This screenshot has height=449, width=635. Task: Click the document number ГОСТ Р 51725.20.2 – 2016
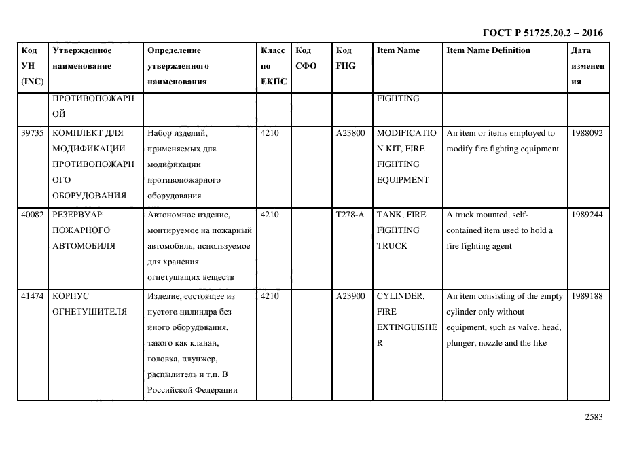[542, 33]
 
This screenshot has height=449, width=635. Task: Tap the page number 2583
[593, 418]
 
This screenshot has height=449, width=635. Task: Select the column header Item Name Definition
[488, 50]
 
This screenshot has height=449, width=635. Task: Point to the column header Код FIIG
[345, 58]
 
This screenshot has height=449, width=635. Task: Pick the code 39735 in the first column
[33, 133]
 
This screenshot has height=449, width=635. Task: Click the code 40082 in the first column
[33, 215]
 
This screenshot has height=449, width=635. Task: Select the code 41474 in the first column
[33, 296]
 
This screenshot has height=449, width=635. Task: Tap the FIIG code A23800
[350, 133]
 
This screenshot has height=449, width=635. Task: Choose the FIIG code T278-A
[350, 215]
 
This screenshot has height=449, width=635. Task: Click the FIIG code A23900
[350, 296]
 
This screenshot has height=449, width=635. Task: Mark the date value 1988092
[587, 133]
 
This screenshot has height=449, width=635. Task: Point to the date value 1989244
[587, 215]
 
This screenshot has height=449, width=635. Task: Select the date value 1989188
[587, 296]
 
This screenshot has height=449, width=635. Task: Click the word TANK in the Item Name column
[390, 215]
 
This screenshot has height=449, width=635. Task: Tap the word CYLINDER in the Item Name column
[400, 296]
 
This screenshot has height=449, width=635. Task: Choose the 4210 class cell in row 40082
[270, 215]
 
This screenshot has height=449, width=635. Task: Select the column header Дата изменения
[587, 66]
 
